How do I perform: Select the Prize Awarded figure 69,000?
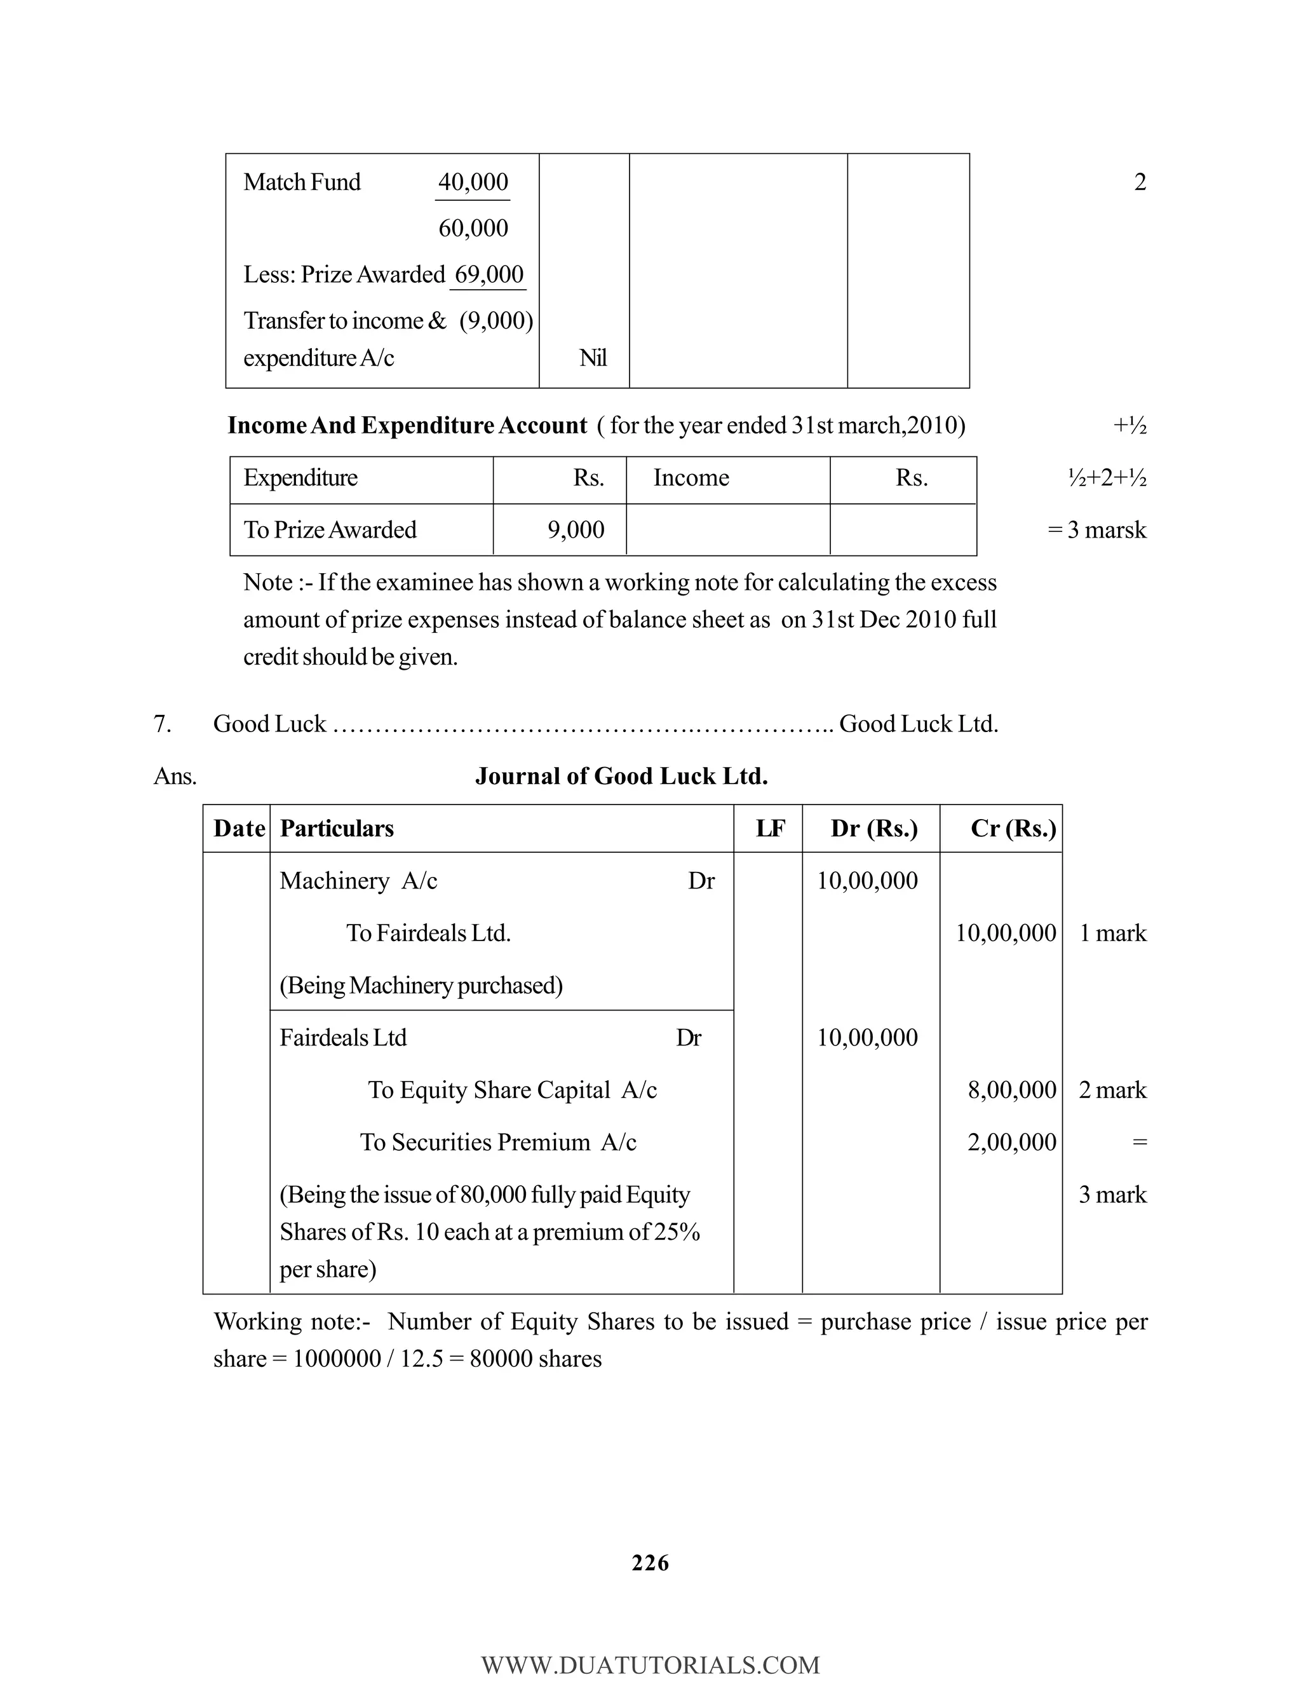[489, 275]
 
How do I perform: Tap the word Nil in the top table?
[593, 358]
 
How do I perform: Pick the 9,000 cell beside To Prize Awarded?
[576, 530]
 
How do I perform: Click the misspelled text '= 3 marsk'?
[1096, 530]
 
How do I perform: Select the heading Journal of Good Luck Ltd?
[621, 776]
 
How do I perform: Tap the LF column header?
[770, 829]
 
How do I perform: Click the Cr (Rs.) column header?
[1013, 829]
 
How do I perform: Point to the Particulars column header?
[337, 829]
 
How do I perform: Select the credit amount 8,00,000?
[1011, 1090]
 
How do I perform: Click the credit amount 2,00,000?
[1011, 1142]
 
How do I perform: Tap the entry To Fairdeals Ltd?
[429, 933]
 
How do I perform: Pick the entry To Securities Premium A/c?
[498, 1142]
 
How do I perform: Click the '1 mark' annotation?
[1112, 933]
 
